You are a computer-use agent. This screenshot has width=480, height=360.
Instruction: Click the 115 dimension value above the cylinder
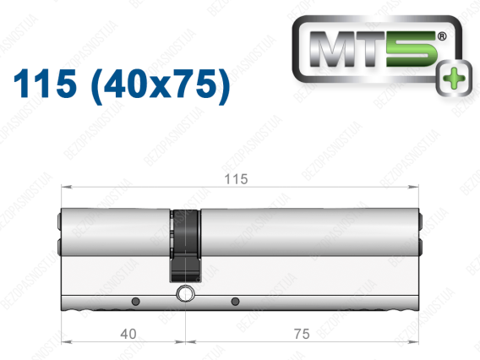click(x=236, y=179)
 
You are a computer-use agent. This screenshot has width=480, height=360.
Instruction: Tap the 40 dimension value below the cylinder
click(x=128, y=334)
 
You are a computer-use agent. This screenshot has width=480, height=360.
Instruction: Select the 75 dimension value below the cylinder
click(x=302, y=334)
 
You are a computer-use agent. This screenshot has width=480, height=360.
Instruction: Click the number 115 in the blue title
click(x=45, y=84)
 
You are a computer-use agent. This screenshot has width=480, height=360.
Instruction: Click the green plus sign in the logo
click(x=454, y=78)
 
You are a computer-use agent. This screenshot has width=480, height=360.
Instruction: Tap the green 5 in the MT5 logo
click(x=412, y=49)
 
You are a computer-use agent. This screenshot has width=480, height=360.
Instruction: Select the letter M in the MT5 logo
click(x=333, y=49)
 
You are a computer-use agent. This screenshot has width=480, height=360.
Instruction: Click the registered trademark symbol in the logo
click(x=442, y=36)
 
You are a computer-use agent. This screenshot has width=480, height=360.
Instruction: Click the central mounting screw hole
click(x=185, y=294)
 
